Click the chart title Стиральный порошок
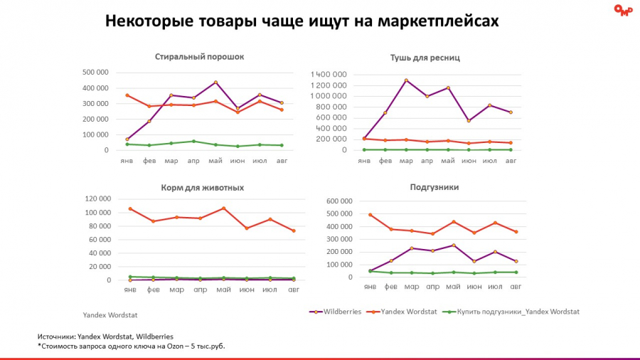(x=199, y=56)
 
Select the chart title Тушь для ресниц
(x=425, y=57)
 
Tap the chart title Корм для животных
(x=203, y=188)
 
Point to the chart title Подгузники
(x=434, y=187)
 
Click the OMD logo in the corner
(x=622, y=10)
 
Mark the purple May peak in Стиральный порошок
(x=215, y=83)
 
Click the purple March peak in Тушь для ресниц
(x=406, y=80)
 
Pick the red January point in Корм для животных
(x=130, y=208)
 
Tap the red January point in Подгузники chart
(x=370, y=214)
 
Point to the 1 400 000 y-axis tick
(x=329, y=75)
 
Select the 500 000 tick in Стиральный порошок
(x=95, y=72)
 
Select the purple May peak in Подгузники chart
(x=453, y=245)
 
